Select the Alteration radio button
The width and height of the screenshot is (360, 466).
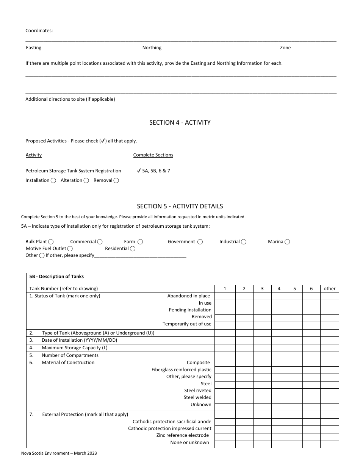point(86,181)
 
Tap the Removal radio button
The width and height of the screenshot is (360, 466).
point(116,181)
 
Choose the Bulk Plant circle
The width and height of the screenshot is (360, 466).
point(51,242)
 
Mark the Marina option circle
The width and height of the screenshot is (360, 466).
point(287,242)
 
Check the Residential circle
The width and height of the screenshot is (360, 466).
point(132,249)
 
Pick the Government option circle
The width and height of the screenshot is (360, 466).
point(200,242)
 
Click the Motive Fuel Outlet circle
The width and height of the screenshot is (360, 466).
point(70,249)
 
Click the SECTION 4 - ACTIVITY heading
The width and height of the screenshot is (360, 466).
point(180,123)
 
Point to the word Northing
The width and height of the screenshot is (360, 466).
point(152,48)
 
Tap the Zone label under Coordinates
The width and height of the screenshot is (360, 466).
point(285,48)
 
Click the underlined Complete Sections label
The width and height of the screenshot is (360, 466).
point(153,155)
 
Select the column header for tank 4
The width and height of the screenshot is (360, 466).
point(279,289)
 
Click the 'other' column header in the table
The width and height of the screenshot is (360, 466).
point(330,289)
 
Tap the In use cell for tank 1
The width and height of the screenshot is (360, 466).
point(225,303)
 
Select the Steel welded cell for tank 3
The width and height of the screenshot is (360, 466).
point(262,397)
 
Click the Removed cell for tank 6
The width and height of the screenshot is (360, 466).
point(311,317)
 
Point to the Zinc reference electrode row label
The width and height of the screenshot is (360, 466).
point(183,435)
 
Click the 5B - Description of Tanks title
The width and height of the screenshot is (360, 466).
point(56,277)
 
